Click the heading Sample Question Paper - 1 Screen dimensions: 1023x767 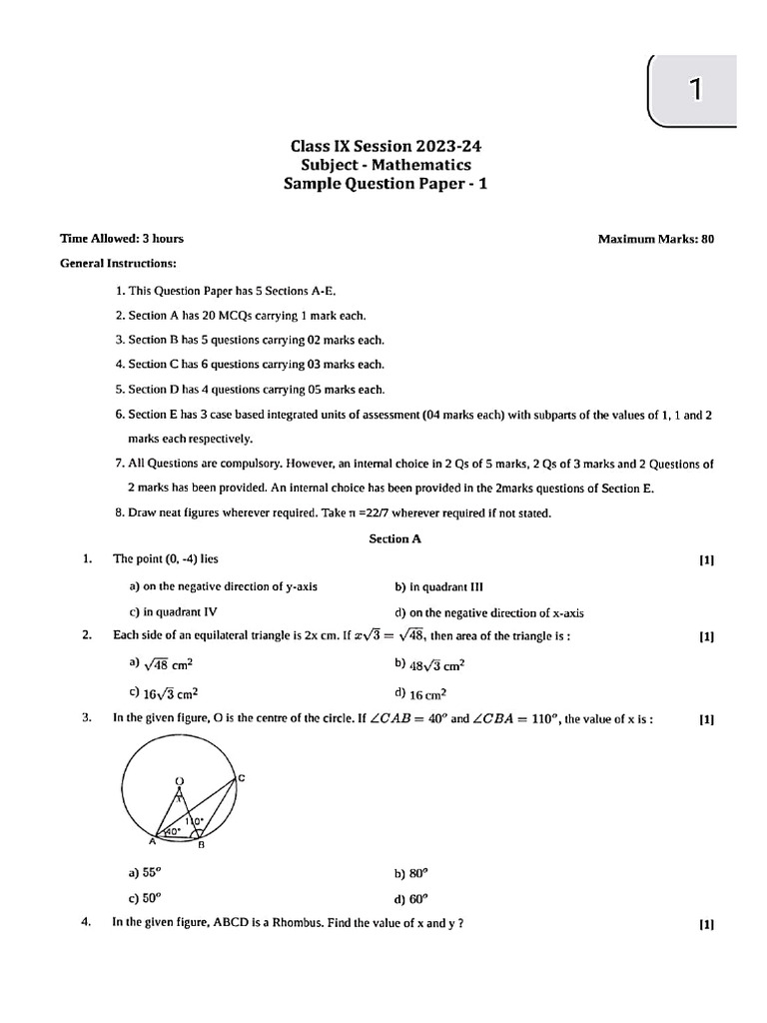(387, 183)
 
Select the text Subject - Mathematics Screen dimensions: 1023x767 (387, 165)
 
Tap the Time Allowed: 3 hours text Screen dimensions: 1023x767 (122, 239)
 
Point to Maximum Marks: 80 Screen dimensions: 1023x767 (655, 239)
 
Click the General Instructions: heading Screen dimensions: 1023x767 (118, 264)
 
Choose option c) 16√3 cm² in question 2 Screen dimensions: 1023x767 (161, 692)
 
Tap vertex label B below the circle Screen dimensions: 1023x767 (200, 847)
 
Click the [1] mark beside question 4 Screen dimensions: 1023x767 (707, 925)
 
